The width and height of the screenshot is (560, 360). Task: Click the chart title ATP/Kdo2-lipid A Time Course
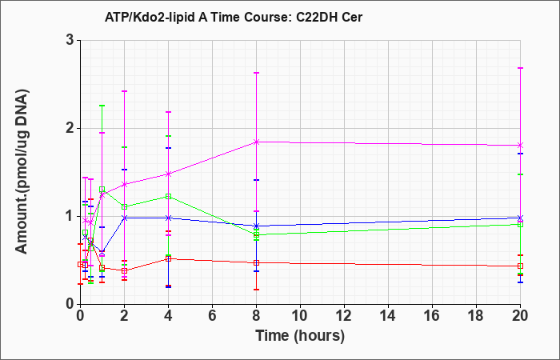coord(196,17)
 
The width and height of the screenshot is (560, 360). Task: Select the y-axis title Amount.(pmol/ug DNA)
coord(22,172)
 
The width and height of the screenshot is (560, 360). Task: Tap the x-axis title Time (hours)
coord(300,336)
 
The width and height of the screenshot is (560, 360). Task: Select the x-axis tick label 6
coord(212,315)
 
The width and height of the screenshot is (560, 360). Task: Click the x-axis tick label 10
coord(300,315)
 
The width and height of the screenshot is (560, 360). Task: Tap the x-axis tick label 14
coord(388,315)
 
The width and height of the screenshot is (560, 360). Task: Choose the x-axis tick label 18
coord(476,315)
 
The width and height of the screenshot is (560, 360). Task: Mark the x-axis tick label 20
coord(520,315)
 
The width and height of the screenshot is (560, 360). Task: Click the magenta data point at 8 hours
coord(256,142)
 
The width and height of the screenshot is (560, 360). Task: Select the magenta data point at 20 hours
coord(520,146)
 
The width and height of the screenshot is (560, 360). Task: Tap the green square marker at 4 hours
coord(168,197)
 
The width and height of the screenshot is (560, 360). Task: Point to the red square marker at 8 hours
coord(256,263)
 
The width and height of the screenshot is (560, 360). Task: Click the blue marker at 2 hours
coord(124,218)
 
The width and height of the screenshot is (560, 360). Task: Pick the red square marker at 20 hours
coord(520,266)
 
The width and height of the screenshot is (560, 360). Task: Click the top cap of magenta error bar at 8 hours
coord(256,73)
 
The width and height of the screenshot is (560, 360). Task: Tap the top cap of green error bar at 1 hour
coord(102,106)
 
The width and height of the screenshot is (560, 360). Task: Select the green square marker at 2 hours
coord(124,206)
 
